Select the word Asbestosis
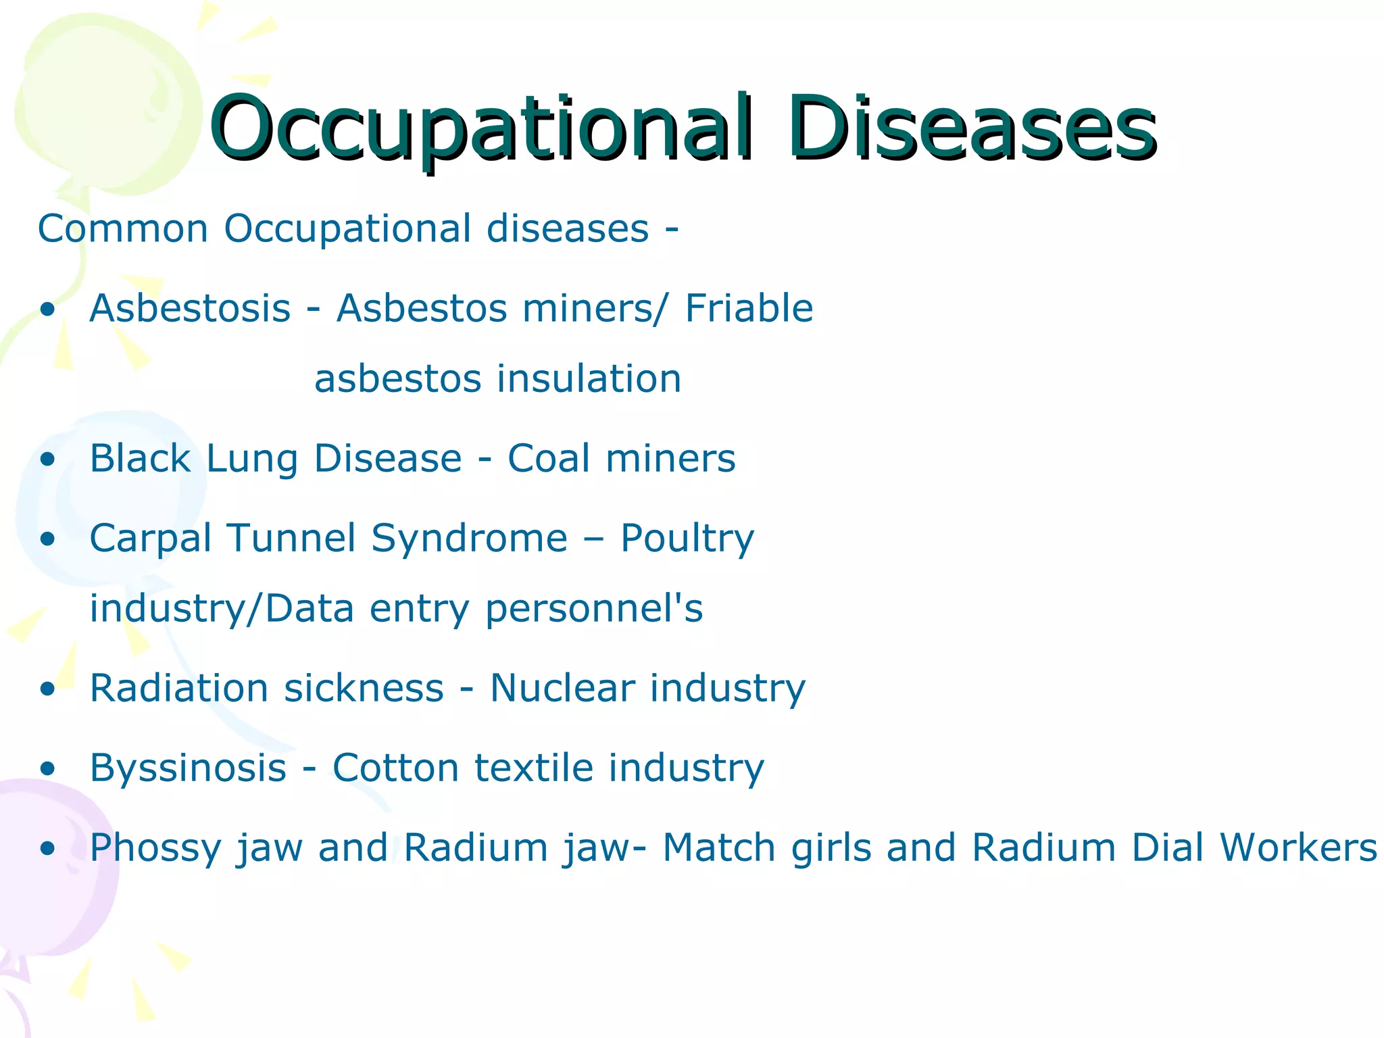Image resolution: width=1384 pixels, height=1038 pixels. pos(190,309)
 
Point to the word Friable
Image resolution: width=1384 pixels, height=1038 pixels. pos(749,309)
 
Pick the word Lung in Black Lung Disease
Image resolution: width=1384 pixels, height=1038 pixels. pos(251,459)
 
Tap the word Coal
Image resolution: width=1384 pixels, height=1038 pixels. pos(548,459)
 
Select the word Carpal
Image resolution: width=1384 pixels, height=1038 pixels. pos(151,539)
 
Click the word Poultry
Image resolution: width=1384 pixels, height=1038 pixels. pos(687,539)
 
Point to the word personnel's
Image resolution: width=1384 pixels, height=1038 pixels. pos(594,608)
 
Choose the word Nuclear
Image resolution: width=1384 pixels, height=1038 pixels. pos(562,689)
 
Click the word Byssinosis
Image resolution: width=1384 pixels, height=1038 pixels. pos(189,768)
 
